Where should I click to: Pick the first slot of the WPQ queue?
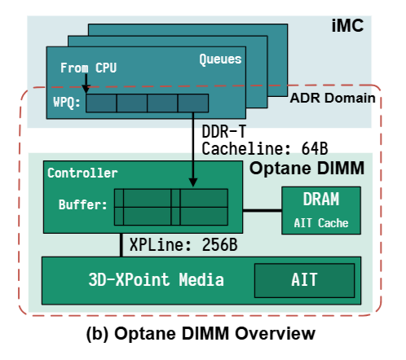101,103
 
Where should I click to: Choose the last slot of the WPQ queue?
193,103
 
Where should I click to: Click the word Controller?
82,173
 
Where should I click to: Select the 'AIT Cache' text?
321,221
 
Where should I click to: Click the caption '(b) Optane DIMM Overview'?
201,334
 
